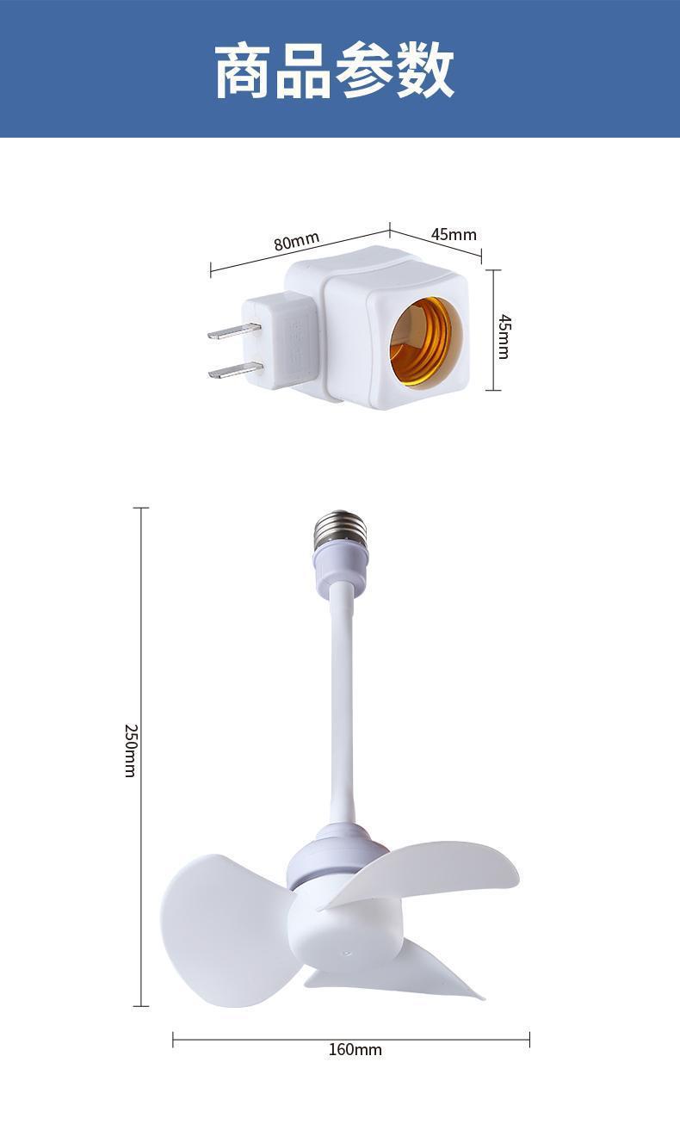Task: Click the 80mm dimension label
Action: (x=297, y=241)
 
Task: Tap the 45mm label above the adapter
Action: (x=454, y=234)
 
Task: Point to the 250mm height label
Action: (x=130, y=750)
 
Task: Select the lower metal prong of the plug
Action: (x=235, y=370)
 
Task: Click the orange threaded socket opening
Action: (x=426, y=342)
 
